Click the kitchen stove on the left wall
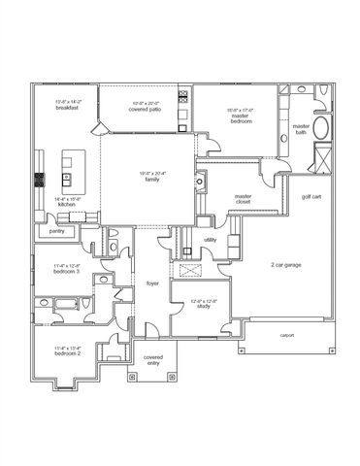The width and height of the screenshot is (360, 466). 39,179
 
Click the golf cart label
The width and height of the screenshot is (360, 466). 311,197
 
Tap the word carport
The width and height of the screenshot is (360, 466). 287,334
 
